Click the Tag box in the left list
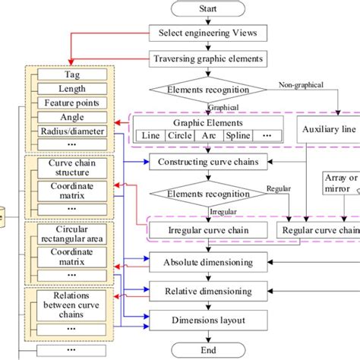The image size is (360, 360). (x=72, y=75)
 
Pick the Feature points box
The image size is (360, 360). (x=72, y=103)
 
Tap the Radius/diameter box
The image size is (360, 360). (x=72, y=131)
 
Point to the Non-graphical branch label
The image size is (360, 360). (x=304, y=86)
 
